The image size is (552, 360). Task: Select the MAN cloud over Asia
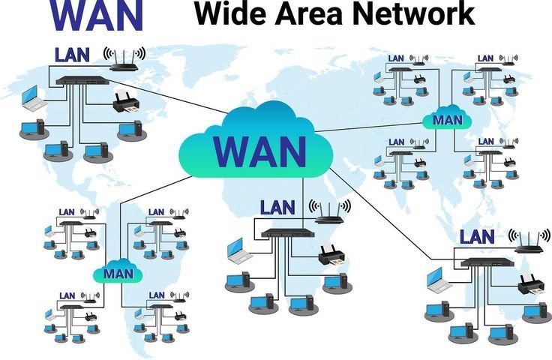tap(446, 119)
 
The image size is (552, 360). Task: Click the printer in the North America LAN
tap(126, 103)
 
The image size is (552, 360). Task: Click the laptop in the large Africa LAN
tap(240, 250)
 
